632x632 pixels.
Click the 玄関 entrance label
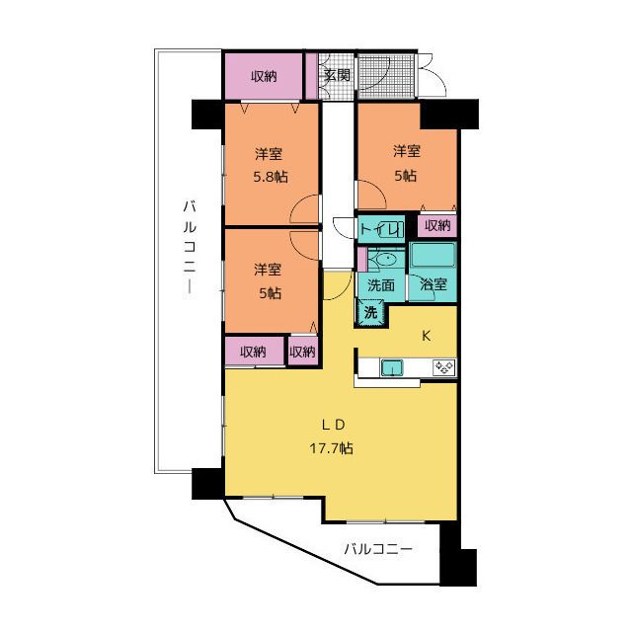(337, 75)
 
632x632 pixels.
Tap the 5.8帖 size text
(271, 177)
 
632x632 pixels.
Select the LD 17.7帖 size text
(332, 447)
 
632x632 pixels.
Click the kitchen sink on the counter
(392, 367)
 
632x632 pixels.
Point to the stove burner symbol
(444, 367)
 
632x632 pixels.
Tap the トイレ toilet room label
(380, 230)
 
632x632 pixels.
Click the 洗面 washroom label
(381, 285)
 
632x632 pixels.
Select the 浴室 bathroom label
(434, 284)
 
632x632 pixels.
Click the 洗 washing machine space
(371, 312)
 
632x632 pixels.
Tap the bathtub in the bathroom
(433, 255)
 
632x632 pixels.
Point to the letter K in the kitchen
(426, 336)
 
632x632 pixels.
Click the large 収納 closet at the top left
(264, 76)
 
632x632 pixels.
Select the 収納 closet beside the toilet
(436, 226)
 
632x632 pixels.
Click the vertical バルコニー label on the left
(190, 249)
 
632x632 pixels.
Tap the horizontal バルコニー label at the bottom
(378, 549)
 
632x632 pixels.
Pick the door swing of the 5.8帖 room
(304, 209)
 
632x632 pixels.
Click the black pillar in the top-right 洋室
(449, 115)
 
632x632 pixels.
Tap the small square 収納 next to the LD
(302, 352)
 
